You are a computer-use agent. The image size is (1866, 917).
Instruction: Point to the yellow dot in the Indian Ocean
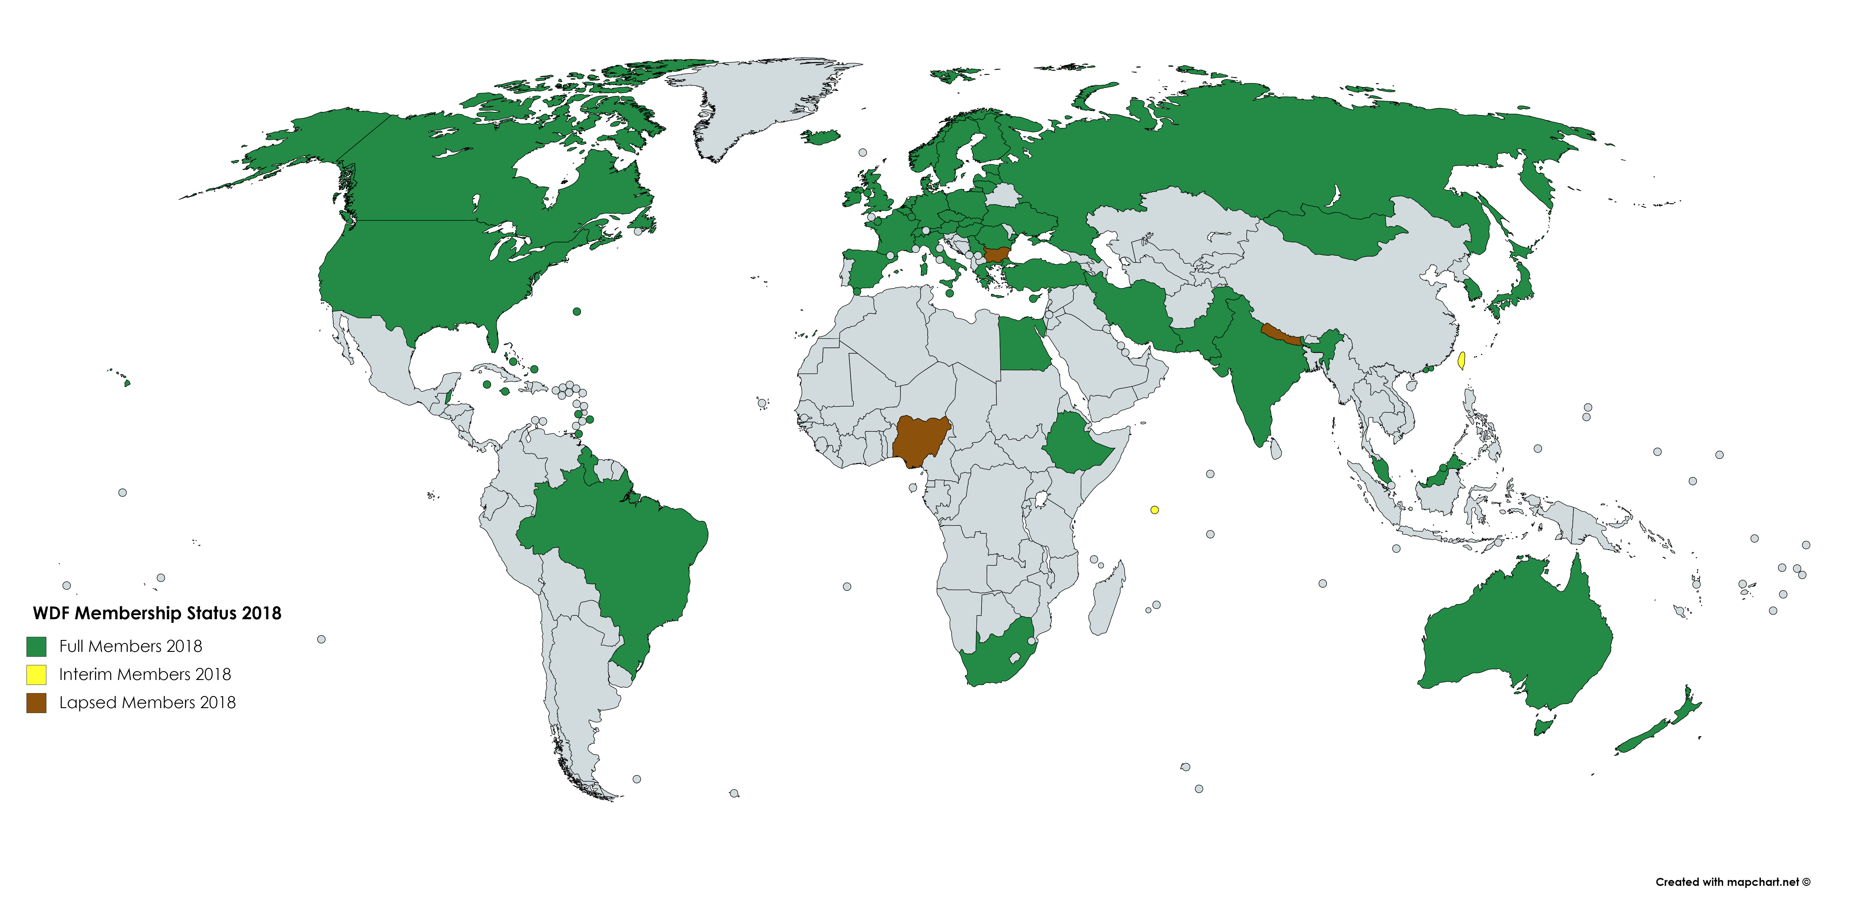(1155, 510)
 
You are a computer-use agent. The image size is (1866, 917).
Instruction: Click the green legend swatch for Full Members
(36, 646)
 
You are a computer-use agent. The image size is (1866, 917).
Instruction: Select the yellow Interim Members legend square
(36, 674)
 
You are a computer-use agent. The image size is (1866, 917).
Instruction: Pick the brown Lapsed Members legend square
(36, 702)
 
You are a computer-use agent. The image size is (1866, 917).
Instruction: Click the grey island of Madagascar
(1108, 601)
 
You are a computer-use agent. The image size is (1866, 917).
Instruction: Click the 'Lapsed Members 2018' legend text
(147, 702)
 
